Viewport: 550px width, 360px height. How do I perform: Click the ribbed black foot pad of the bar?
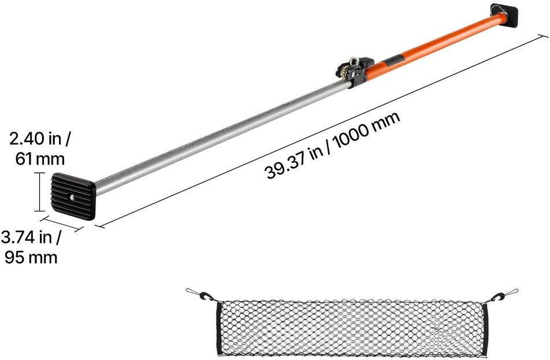73,196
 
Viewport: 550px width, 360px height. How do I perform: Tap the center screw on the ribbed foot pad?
72,198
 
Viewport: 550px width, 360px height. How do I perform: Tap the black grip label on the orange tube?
395,60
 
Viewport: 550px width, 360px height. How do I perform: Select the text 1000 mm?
366,130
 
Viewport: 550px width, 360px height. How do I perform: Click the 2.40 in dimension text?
39,139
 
